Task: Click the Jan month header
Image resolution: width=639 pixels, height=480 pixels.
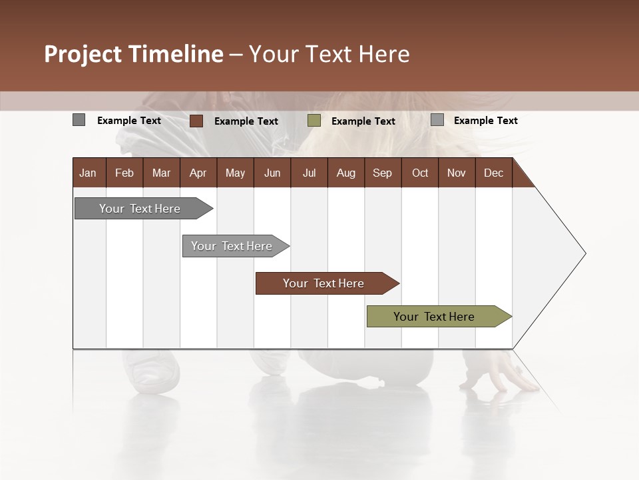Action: (88, 173)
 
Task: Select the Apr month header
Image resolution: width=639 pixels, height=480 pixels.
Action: (198, 173)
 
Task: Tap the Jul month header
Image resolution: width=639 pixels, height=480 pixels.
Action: (309, 173)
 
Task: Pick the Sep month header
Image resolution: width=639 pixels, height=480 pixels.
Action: (382, 173)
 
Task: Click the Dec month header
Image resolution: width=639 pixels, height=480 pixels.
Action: (493, 173)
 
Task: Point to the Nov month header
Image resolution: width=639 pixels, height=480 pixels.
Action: (456, 173)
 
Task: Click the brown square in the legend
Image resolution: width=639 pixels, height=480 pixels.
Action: (196, 121)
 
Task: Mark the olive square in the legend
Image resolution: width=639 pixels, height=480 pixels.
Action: (314, 121)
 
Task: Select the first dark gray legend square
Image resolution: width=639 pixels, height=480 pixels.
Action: (79, 120)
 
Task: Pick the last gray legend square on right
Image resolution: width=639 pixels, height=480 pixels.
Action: (437, 120)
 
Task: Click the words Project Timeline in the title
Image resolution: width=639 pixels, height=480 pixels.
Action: (133, 54)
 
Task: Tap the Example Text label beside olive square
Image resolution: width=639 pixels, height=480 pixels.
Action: (363, 121)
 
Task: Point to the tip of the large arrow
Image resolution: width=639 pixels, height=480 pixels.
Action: (584, 253)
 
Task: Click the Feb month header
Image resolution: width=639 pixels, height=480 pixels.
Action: (124, 173)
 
